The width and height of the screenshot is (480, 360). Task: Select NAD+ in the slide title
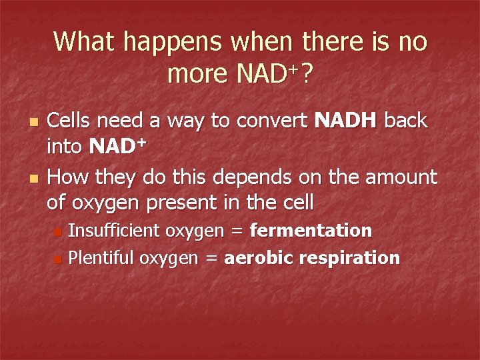click(265, 75)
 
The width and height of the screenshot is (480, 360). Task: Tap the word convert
click(273, 121)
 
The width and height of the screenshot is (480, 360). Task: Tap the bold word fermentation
click(311, 231)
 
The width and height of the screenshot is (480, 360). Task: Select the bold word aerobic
click(255, 257)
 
